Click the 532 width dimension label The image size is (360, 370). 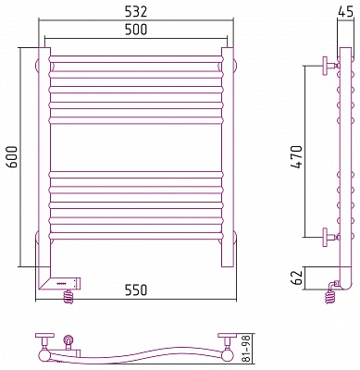coord(135,12)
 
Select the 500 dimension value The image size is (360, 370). coord(135,30)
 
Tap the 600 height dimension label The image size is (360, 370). coord(12,157)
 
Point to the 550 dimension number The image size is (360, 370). coord(135,290)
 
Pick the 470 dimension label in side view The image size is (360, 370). coord(297,157)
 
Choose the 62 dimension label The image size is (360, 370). coord(296,277)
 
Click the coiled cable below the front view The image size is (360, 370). coord(69,297)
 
